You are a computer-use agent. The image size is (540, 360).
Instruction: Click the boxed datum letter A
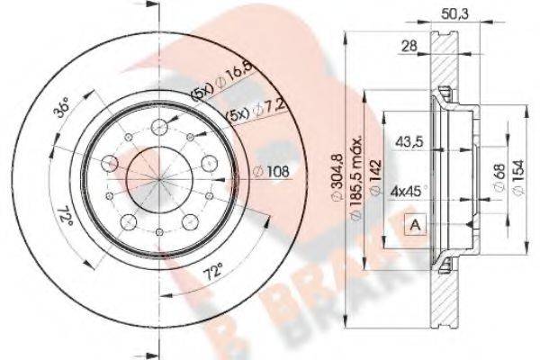tap(415, 223)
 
